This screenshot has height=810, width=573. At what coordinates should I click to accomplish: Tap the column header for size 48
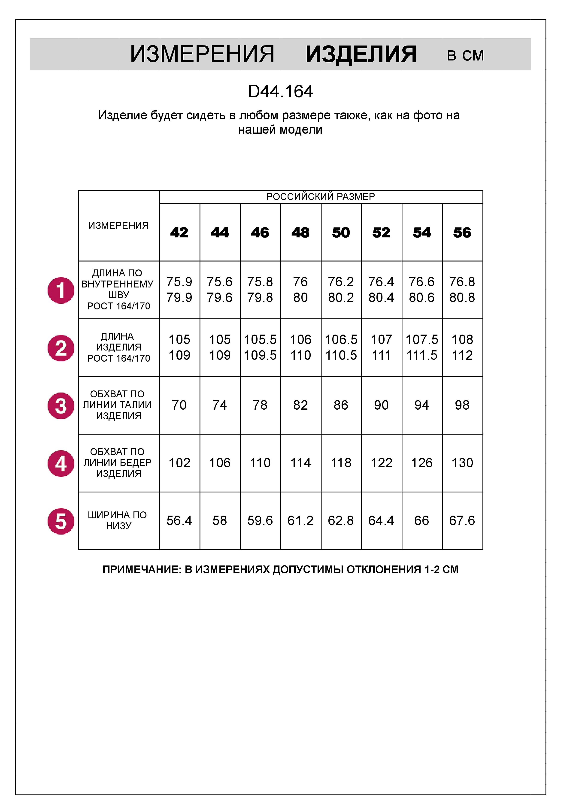coord(301,233)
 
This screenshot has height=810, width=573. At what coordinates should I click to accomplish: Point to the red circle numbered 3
coord(61,406)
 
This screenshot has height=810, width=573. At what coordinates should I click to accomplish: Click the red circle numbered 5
coord(61,521)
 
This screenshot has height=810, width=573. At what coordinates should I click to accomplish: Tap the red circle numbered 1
coord(61,290)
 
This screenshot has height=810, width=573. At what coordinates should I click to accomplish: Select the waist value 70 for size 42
coord(179,405)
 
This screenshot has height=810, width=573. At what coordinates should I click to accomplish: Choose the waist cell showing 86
coord(341,405)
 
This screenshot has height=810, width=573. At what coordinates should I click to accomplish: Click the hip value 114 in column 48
coord(301,463)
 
